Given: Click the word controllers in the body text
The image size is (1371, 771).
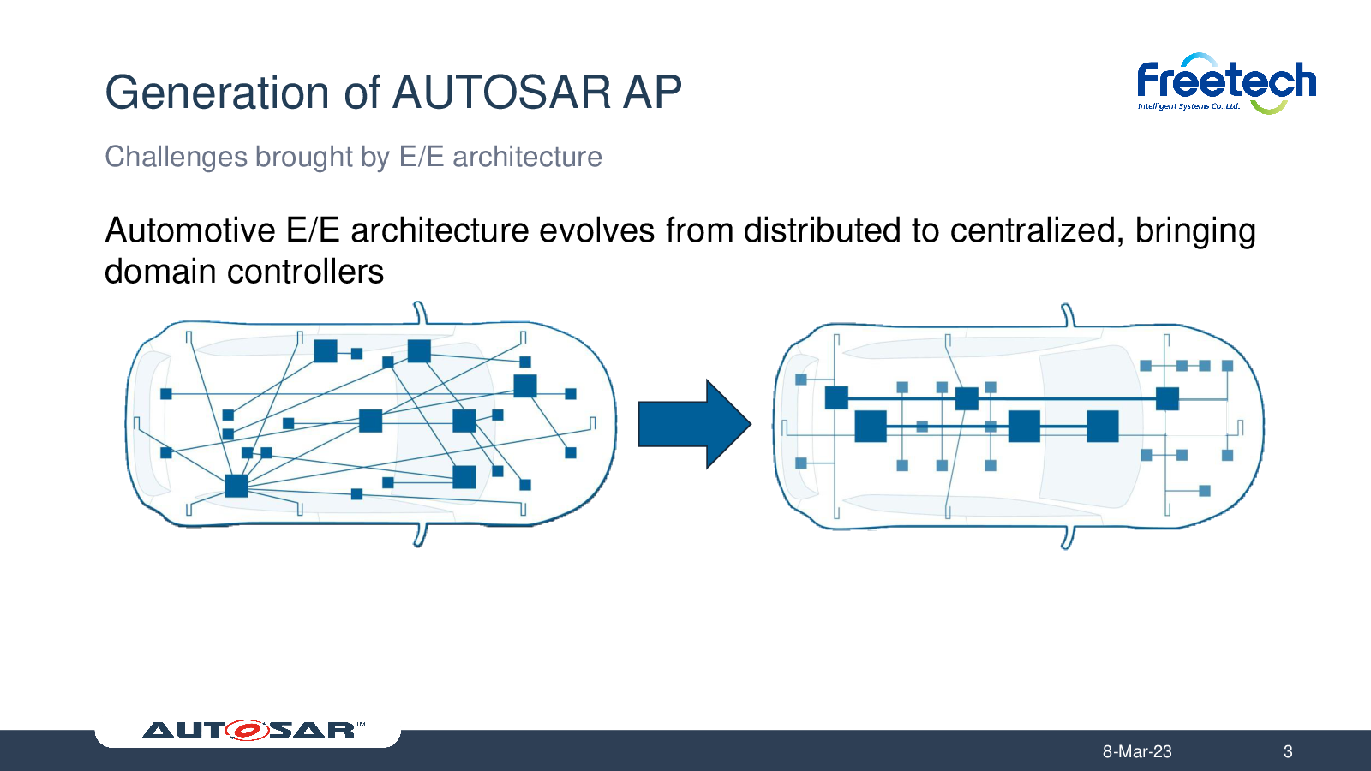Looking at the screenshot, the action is (x=305, y=272).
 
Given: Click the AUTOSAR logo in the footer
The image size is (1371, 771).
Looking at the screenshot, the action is (x=253, y=730).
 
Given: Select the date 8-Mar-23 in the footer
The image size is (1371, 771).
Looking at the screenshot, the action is (x=1137, y=751).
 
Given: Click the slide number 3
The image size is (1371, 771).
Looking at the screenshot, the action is (x=1288, y=751).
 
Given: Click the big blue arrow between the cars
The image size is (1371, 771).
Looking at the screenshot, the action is (x=695, y=424).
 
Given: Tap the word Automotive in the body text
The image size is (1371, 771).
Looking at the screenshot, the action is (x=189, y=230).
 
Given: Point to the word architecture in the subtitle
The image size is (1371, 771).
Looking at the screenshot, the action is (x=527, y=158).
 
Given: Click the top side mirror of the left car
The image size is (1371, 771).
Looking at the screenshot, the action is (x=420, y=312).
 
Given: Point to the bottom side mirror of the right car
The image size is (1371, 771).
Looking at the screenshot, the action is (x=1068, y=538).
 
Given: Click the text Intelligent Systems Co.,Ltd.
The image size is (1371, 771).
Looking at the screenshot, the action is (x=1188, y=106).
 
